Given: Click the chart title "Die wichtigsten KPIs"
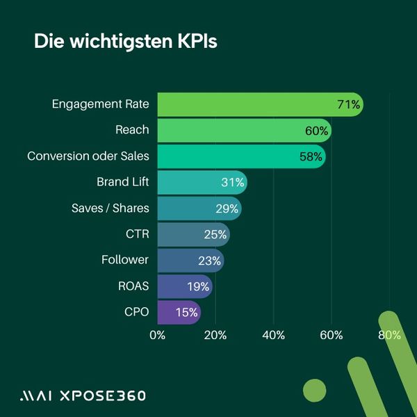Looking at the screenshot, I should [x=126, y=41].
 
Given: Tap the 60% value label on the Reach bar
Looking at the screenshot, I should [x=317, y=131].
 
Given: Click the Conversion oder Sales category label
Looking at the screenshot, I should [x=88, y=156].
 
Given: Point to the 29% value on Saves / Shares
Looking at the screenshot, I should [x=227, y=208].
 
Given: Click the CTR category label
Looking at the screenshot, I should [x=137, y=234].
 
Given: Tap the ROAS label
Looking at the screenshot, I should [x=133, y=286].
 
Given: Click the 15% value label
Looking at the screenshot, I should [x=186, y=312].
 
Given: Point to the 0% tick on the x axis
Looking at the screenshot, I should [x=158, y=335].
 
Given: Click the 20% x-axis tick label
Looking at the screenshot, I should [x=215, y=335].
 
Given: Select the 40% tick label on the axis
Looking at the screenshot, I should [x=274, y=335].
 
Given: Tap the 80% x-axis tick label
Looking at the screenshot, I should [x=389, y=335].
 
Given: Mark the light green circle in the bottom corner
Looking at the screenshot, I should [x=315, y=391].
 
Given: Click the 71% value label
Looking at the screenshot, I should [x=348, y=105].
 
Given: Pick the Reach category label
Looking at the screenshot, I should [x=132, y=130].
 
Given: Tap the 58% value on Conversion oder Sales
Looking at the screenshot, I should [x=311, y=156].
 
